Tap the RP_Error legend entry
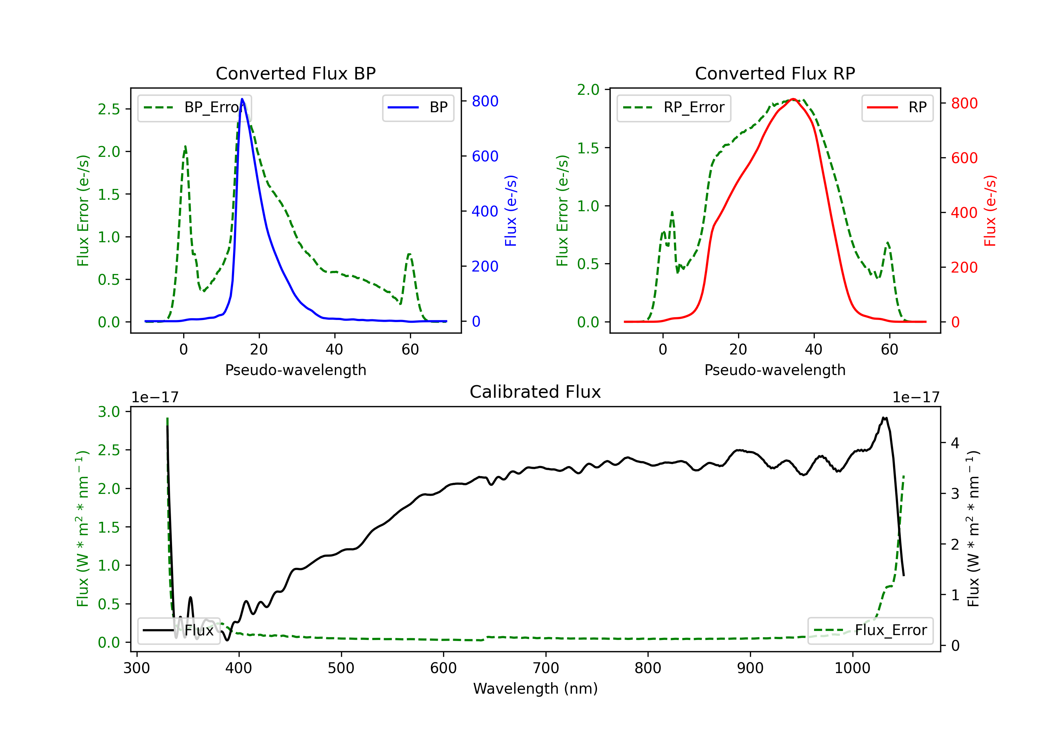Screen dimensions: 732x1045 pyautogui.click(x=674, y=108)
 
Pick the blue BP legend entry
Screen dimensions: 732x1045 pyautogui.click(x=418, y=108)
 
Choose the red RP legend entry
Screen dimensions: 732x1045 pyautogui.click(x=897, y=108)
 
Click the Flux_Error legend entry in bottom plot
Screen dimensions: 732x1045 pyautogui.click(x=870, y=631)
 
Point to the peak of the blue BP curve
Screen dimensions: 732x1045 pyautogui.click(x=242, y=99)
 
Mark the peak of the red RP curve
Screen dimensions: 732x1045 pyautogui.click(x=793, y=99)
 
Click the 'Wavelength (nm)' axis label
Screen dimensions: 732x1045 pyautogui.click(x=535, y=688)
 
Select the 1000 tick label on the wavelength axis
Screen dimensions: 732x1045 pyautogui.click(x=852, y=668)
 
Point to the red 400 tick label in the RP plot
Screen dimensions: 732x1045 pyautogui.click(x=964, y=213)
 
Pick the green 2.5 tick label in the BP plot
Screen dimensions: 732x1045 pyautogui.click(x=109, y=109)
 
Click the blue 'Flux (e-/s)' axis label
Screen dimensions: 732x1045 pyautogui.click(x=511, y=211)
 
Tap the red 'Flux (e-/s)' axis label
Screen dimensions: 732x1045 pyautogui.click(x=990, y=211)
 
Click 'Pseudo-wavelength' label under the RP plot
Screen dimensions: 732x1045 pyautogui.click(x=775, y=370)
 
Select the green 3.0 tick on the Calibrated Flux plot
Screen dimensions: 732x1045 pyautogui.click(x=109, y=412)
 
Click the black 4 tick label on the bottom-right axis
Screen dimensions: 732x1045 pyautogui.click(x=955, y=443)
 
